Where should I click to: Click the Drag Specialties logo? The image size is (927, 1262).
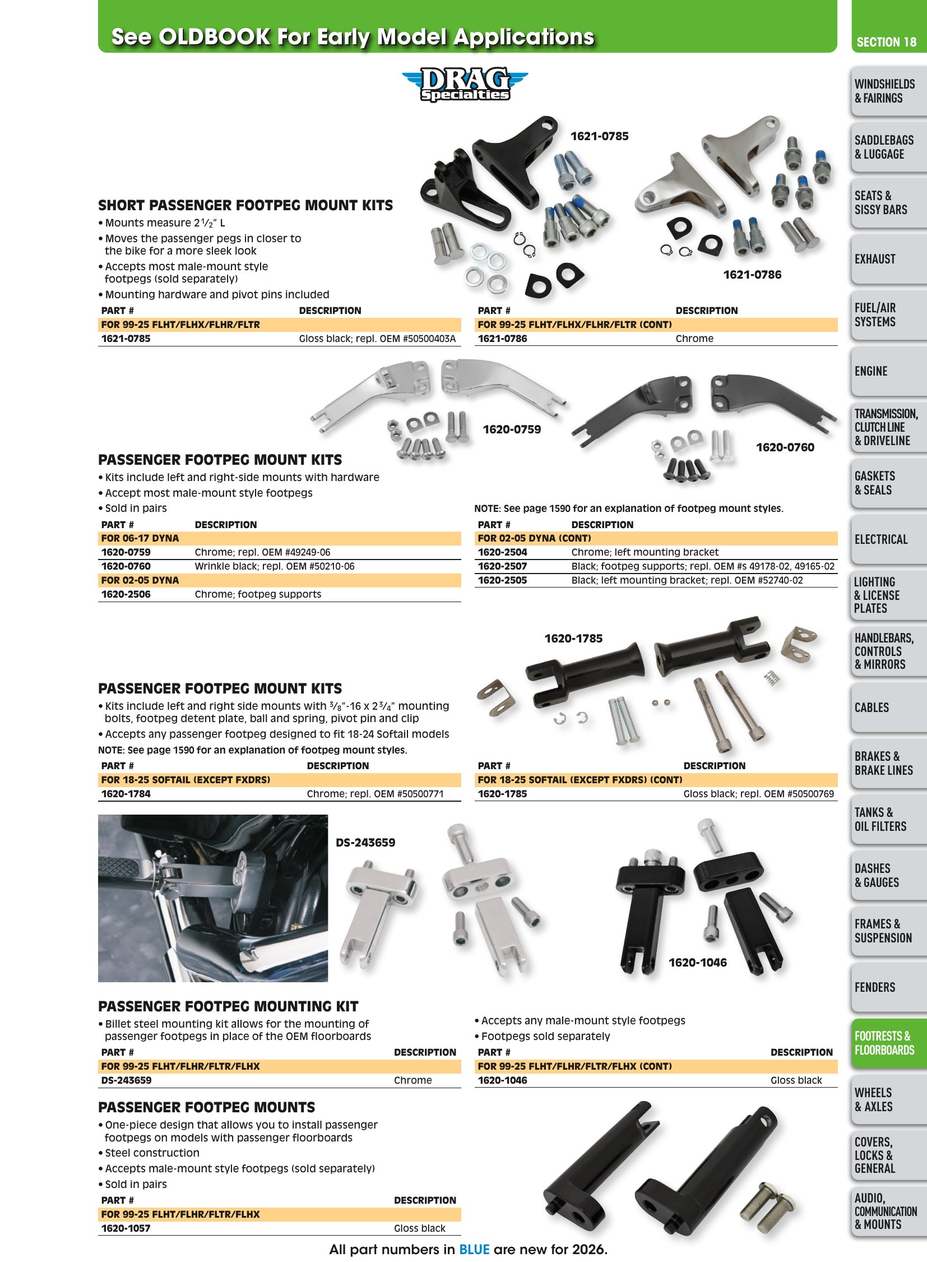[x=465, y=85]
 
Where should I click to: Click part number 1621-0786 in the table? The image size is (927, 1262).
[x=502, y=339]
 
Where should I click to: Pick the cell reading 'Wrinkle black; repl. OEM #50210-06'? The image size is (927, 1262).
[x=275, y=566]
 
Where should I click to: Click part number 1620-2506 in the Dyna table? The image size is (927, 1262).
[x=126, y=594]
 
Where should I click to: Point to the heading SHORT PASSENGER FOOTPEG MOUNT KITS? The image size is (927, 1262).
[x=245, y=205]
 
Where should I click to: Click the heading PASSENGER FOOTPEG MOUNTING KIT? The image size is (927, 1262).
[x=228, y=1006]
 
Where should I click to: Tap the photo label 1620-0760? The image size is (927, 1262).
[x=785, y=447]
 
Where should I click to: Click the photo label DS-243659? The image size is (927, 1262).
[x=365, y=843]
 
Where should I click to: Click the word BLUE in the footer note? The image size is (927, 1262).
[x=474, y=1250]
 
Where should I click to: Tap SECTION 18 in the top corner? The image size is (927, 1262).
[x=886, y=42]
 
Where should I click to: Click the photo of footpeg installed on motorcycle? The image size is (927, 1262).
[x=212, y=898]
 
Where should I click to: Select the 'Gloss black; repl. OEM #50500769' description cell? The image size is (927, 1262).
[x=759, y=794]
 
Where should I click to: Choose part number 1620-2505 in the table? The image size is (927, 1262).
[x=502, y=580]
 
